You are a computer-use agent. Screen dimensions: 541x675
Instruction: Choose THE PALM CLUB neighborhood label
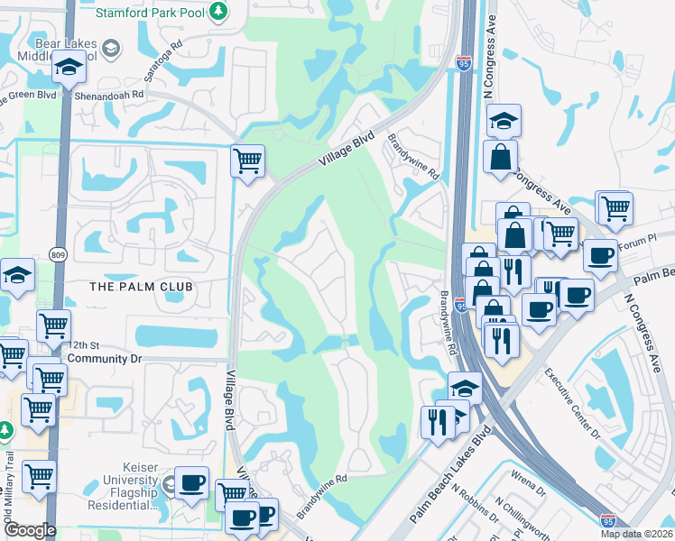pos(141,287)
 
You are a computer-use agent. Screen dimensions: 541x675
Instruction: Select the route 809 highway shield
pos(59,254)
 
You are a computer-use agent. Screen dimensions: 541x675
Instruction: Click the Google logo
pos(29,530)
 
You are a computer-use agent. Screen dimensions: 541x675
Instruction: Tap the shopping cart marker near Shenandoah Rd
pos(247,162)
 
